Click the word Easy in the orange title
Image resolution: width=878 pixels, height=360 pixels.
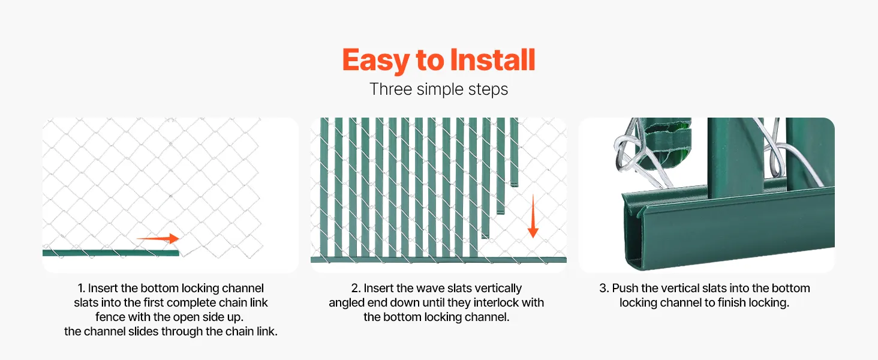click(375, 61)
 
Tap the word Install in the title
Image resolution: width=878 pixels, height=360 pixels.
click(493, 59)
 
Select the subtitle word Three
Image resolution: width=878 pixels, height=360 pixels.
click(390, 89)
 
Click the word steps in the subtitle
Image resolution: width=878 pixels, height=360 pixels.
click(488, 90)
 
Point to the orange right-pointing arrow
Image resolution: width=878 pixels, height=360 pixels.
click(158, 238)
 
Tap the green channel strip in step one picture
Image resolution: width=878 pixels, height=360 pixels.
click(110, 253)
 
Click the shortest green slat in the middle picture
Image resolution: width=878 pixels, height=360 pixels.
click(514, 152)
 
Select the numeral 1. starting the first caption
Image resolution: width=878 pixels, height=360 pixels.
click(81, 288)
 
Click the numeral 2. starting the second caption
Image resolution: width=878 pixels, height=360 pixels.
click(356, 288)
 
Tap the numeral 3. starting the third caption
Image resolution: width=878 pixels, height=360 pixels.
click(604, 288)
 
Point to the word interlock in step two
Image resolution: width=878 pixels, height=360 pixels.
click(496, 303)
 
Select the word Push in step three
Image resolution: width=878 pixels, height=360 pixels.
click(625, 288)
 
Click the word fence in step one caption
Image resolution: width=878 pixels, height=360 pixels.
click(110, 317)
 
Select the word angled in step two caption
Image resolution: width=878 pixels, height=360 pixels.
click(345, 304)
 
